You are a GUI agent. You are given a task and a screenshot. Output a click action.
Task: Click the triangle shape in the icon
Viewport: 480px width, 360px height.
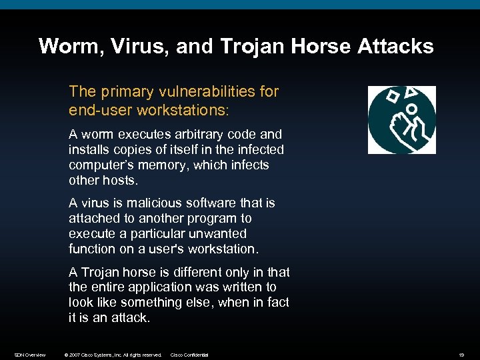click(x=414, y=93)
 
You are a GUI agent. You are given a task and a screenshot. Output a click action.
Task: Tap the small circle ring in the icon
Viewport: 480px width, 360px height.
click(x=412, y=109)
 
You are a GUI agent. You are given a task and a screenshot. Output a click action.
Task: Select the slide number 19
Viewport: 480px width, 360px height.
click(x=461, y=355)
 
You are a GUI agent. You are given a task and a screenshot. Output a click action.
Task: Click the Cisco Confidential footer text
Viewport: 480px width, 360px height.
click(x=189, y=355)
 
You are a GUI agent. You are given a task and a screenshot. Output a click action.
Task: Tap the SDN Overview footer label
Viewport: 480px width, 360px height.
click(x=30, y=355)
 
